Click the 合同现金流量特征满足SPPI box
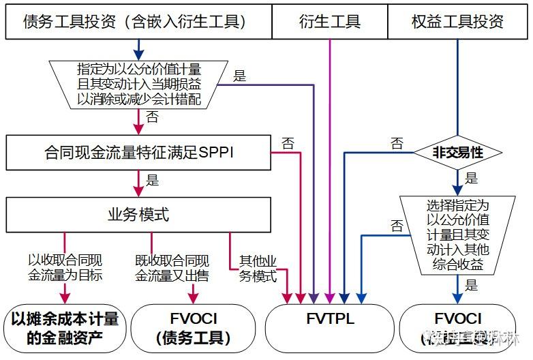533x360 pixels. [x=138, y=153]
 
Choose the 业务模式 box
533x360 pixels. [x=138, y=215]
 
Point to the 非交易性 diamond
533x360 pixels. [x=457, y=153]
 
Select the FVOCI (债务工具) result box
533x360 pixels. [x=192, y=327]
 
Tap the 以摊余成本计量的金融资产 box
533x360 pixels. [x=65, y=327]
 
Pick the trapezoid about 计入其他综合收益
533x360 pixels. [x=457, y=235]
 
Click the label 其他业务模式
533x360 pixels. [x=258, y=269]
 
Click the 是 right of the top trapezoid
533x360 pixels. [x=240, y=76]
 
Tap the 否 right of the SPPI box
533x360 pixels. [x=288, y=143]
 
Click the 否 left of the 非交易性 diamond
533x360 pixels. [x=396, y=143]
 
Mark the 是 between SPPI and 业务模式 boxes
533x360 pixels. [x=153, y=181]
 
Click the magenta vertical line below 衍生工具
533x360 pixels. [x=330, y=170]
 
